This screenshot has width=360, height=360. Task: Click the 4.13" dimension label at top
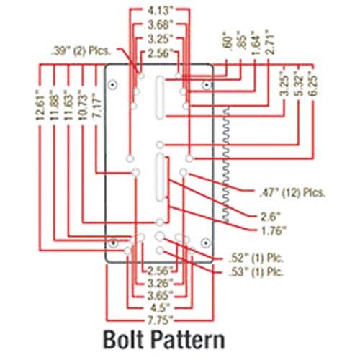(x=160, y=11)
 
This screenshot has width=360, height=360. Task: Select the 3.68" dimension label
(x=160, y=24)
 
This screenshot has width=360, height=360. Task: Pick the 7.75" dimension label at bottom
(x=160, y=320)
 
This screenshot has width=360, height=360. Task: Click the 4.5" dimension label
(x=160, y=308)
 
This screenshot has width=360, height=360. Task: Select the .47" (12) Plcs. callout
(x=292, y=192)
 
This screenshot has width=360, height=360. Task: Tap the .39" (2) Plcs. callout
(x=81, y=51)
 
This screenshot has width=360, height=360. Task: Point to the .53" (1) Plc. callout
(x=256, y=272)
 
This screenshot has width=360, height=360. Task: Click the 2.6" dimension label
(x=270, y=217)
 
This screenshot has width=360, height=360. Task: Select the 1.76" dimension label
(x=274, y=231)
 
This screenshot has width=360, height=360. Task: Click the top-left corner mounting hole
(x=112, y=85)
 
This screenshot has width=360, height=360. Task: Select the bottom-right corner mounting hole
(x=205, y=243)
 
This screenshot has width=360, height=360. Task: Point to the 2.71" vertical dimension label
(x=270, y=42)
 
